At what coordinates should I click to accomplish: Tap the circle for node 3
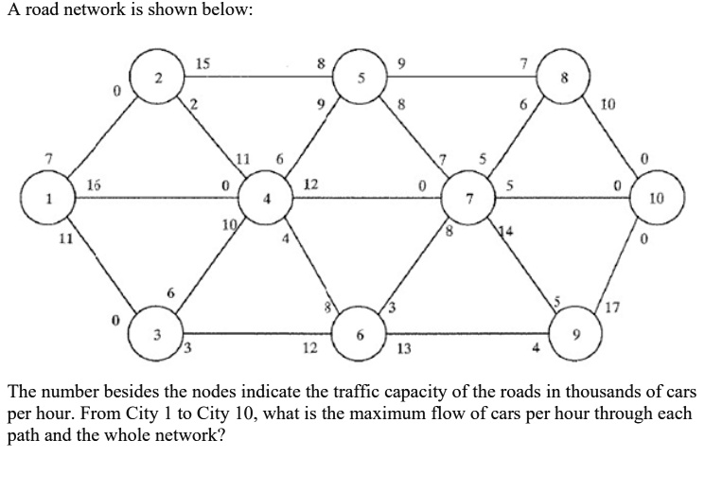pyautogui.click(x=158, y=334)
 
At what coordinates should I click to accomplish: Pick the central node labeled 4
pyautogui.click(x=268, y=200)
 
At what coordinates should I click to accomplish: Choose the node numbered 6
pyautogui.click(x=360, y=334)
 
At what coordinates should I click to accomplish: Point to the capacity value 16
pyautogui.click(x=95, y=185)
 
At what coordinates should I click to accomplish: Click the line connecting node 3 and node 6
pyautogui.click(x=255, y=333)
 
